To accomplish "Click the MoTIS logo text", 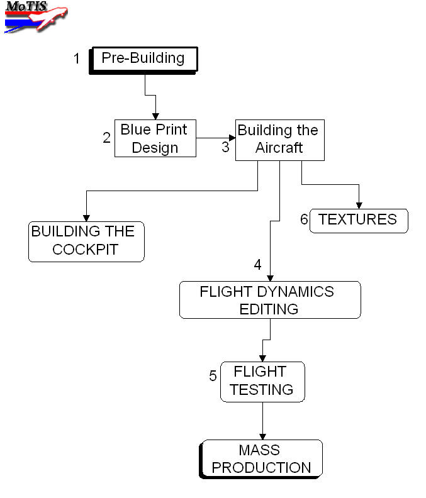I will (x=26, y=6).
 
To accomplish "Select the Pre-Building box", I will (x=143, y=60).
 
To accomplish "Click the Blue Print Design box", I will (x=155, y=138).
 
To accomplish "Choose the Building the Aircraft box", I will (x=279, y=140).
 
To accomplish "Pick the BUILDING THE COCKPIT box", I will (x=86, y=241).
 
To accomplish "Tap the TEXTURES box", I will (x=359, y=220).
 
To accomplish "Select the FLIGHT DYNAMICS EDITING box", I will (x=270, y=300).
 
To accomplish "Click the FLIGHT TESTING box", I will (x=262, y=381).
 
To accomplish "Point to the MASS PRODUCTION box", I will (x=261, y=459).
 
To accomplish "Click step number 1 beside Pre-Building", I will (x=77, y=59).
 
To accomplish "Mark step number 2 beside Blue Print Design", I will (x=106, y=138).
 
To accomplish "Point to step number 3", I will (x=225, y=148).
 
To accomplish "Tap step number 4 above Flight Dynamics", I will (x=257, y=265).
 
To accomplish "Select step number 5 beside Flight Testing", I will (x=213, y=376).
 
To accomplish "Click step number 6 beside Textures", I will (x=304, y=220).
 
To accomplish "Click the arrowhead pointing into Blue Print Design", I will (x=155, y=116).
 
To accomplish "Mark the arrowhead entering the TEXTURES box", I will (x=359, y=205).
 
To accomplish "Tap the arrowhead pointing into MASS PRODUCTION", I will (x=262, y=436).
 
